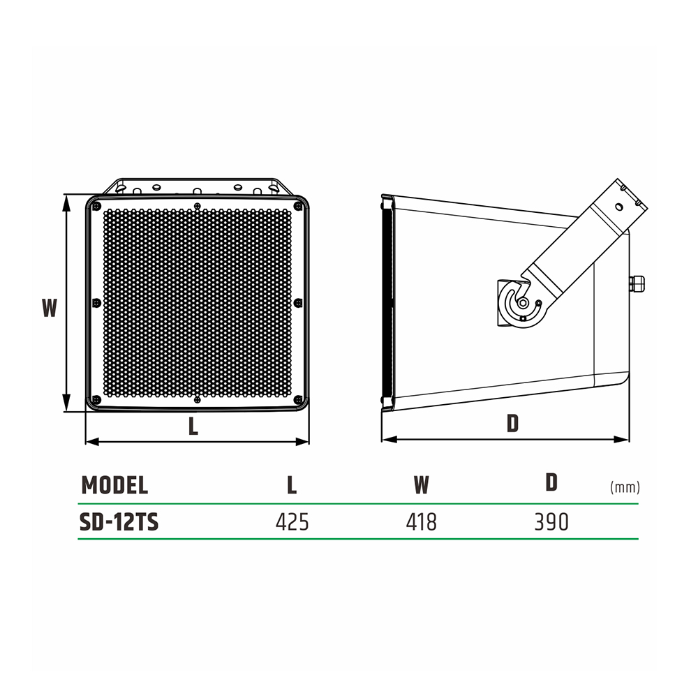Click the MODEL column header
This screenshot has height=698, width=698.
point(114,485)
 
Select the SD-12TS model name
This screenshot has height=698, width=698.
point(119,522)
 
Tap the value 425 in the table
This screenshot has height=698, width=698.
point(292,522)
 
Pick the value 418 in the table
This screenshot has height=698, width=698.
point(421,522)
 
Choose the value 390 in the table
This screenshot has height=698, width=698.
point(551,522)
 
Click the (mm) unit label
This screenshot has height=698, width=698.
point(625,487)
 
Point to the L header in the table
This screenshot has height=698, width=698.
point(292,485)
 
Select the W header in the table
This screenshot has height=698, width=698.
point(421,485)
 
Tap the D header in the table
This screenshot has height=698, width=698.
point(551,482)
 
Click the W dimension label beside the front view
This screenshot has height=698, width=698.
point(50,308)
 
